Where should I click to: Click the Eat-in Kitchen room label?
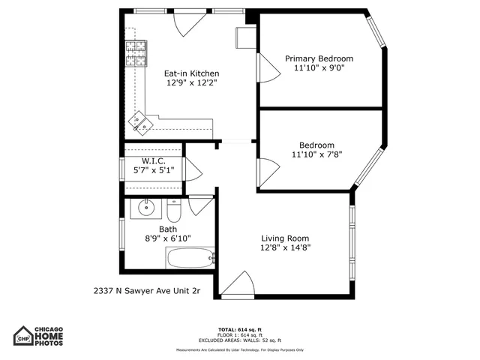[192, 73]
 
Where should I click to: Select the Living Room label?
[285, 238]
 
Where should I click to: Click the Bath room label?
[168, 229]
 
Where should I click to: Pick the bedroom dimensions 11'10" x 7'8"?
[316, 155]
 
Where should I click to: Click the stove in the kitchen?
[135, 52]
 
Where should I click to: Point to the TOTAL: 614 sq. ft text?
[240, 330]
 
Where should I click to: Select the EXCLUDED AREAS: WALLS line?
[240, 340]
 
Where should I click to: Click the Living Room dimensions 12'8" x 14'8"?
[285, 247]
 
